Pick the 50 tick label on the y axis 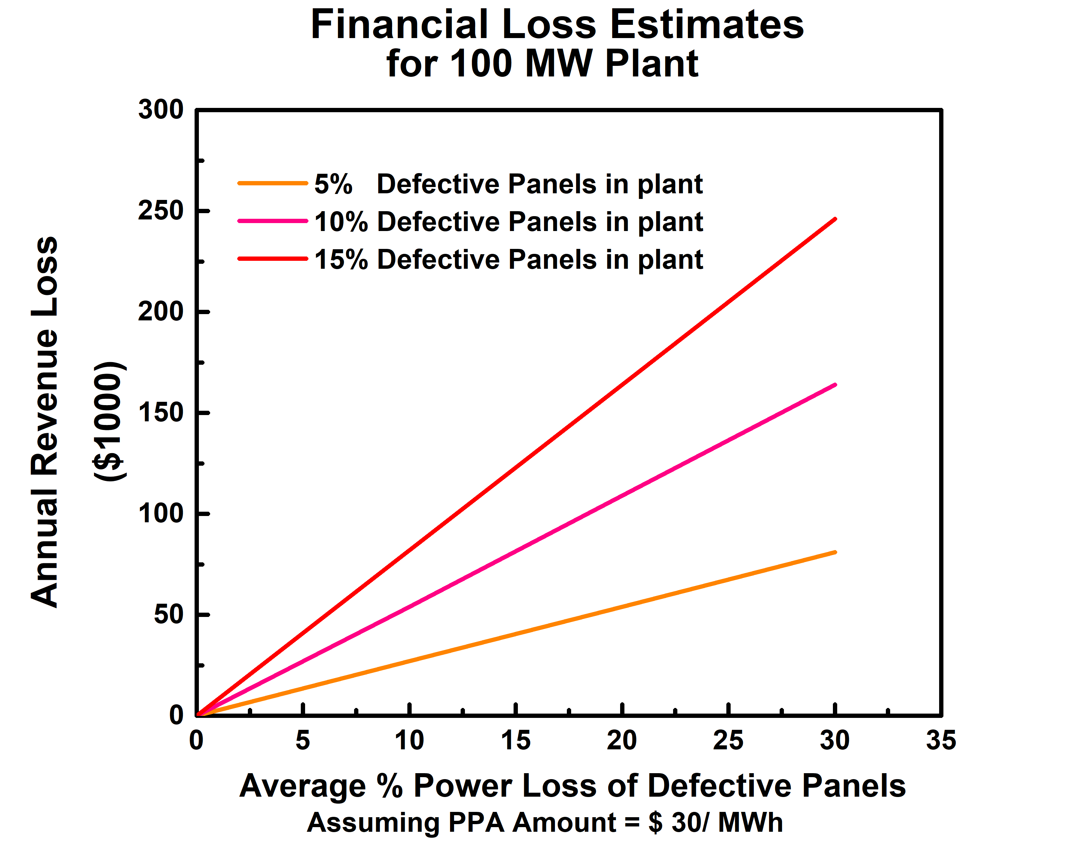click(x=168, y=615)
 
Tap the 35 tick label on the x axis click(x=940, y=740)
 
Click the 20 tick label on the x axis click(x=621, y=740)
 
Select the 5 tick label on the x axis click(x=302, y=740)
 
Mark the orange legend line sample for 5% click(x=272, y=183)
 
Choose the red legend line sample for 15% click(x=272, y=258)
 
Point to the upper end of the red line click(x=835, y=219)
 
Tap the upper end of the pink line click(x=835, y=385)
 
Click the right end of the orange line click(x=835, y=552)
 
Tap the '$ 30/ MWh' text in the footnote click(x=715, y=822)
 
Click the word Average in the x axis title click(x=302, y=786)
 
